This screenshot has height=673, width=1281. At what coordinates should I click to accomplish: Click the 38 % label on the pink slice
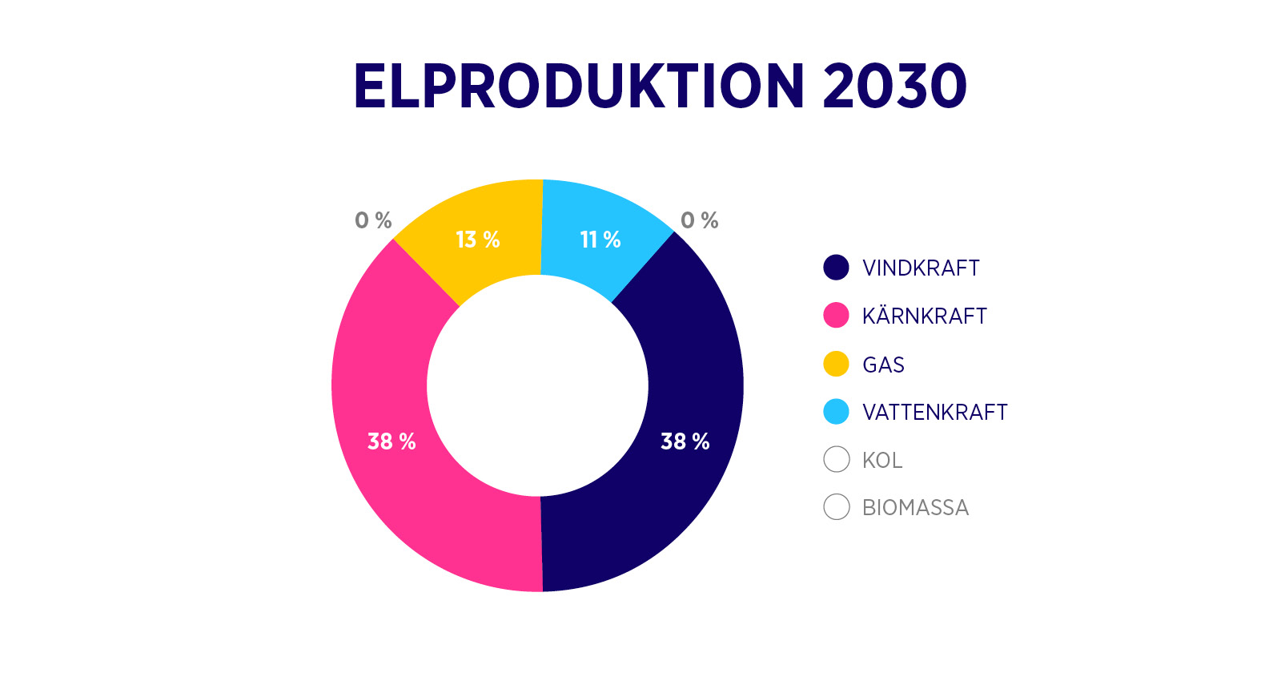click(392, 441)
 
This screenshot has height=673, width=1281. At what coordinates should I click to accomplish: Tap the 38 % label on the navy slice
click(685, 441)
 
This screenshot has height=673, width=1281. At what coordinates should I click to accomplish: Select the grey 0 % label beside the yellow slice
click(373, 220)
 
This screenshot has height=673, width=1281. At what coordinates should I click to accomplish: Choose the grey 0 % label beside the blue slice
click(700, 220)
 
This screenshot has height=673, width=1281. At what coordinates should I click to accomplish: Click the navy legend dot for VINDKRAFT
click(836, 268)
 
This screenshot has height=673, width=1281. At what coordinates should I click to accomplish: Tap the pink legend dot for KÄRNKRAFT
click(836, 316)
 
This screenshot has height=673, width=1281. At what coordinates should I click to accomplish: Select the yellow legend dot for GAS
click(836, 364)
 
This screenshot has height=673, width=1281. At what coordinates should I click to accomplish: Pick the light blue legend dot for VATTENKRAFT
click(836, 412)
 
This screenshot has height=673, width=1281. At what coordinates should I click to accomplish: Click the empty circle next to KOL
click(836, 460)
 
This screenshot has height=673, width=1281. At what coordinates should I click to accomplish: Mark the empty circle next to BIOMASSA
click(836, 507)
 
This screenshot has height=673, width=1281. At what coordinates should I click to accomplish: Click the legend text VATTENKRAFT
click(935, 412)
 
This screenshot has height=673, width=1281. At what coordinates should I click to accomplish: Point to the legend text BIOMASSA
click(916, 508)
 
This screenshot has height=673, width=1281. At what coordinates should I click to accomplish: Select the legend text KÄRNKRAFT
click(925, 316)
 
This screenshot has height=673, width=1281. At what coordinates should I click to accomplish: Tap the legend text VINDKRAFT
click(922, 268)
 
